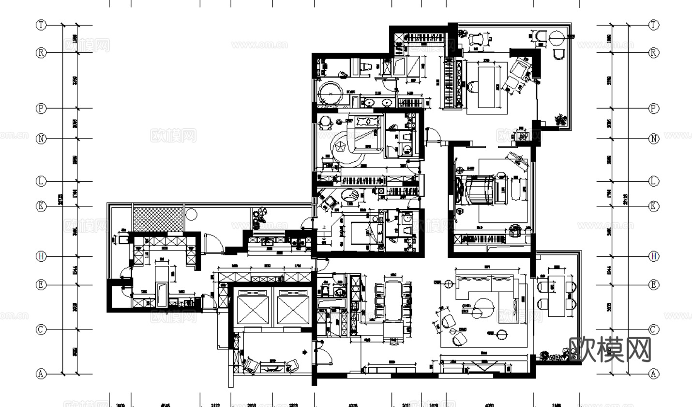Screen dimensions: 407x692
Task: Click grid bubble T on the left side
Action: pos(42,25)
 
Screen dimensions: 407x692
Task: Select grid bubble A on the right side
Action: pos(654,374)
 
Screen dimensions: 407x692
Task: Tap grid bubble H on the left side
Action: pos(42,256)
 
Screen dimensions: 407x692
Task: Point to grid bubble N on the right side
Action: pos(654,139)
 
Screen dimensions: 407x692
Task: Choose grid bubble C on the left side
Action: pos(42,329)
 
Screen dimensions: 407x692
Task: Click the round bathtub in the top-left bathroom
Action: pos(331,94)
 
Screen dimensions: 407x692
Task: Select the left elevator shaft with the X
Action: pos(253,308)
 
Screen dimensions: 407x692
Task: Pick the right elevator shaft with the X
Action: pos(293,308)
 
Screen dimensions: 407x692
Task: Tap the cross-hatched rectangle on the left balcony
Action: pos(158,219)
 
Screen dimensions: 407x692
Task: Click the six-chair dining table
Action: pos(393,300)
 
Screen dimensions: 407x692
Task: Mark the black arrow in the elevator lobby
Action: pos(305,352)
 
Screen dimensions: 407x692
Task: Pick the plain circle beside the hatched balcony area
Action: pos(191,214)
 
